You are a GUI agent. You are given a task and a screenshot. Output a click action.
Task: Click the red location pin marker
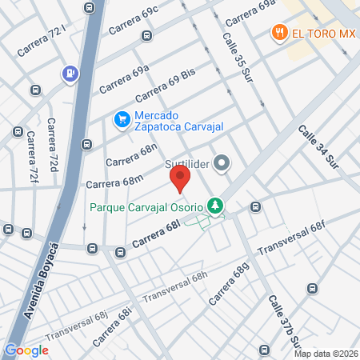point(182,178)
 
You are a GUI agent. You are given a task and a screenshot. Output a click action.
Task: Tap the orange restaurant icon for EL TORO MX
point(279,34)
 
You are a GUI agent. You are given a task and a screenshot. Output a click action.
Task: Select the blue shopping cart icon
point(122,120)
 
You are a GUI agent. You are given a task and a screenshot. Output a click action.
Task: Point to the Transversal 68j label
point(76,326)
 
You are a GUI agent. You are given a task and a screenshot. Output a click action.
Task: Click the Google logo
point(27,350)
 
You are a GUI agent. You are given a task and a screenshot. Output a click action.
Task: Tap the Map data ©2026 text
point(326,354)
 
